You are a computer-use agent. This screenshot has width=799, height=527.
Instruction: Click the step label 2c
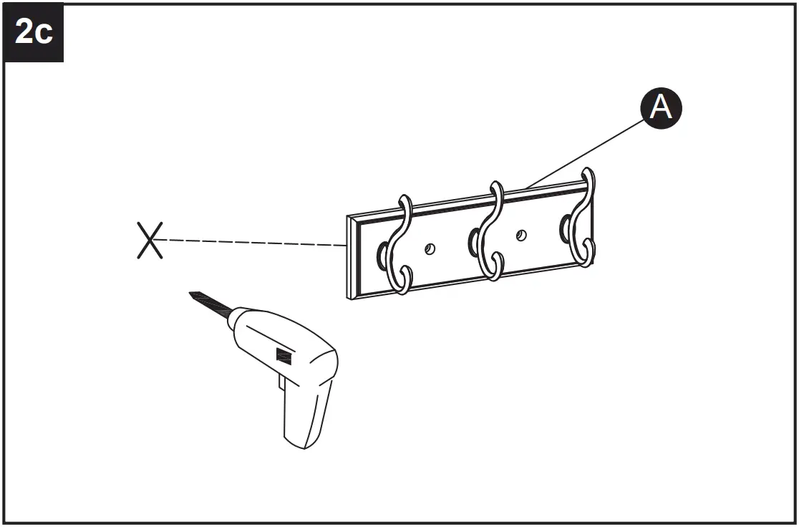point(34,33)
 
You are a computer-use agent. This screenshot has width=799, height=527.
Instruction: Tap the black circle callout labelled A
point(660,108)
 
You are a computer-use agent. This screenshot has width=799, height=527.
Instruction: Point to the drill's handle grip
point(304,415)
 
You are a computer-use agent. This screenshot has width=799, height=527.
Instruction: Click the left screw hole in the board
point(430,248)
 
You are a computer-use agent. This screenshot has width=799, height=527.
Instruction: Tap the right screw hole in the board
point(522,234)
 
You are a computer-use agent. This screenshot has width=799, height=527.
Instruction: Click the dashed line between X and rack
point(251,243)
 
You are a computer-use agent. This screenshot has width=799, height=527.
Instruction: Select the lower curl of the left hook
point(400,279)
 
